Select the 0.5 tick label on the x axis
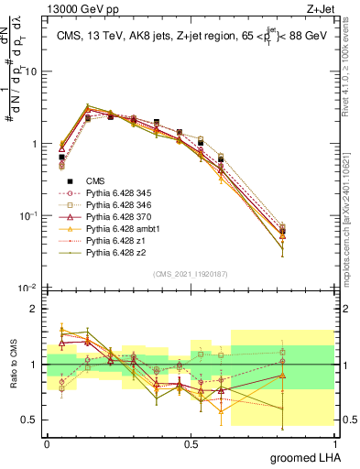click(191, 442)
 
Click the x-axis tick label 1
click(334, 442)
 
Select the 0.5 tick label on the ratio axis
click(31, 420)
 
